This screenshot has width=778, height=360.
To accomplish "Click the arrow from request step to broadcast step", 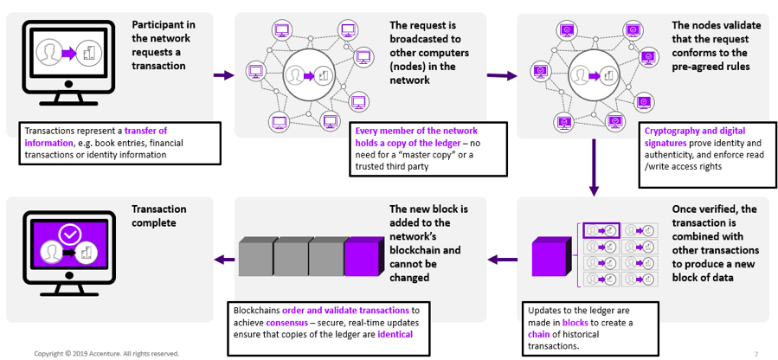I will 223,75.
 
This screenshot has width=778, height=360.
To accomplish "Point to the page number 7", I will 755,353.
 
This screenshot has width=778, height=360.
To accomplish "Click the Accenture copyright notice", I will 106,353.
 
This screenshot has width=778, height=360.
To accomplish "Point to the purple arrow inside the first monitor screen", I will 66,54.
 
